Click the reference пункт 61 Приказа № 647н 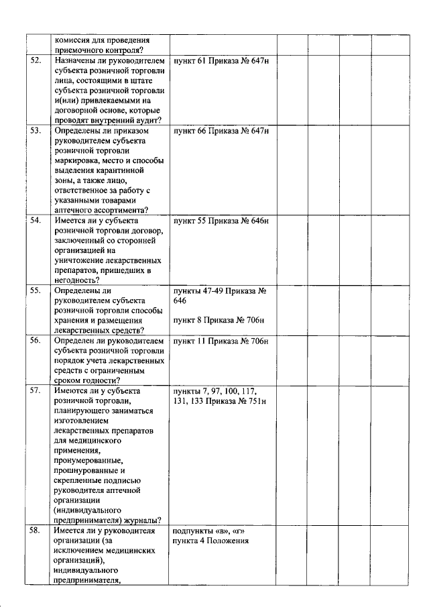pos(221,60)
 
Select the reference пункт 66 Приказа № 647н pos(221,131)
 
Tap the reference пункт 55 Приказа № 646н pos(221,220)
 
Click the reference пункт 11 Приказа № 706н pos(221,341)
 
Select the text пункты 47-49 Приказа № pos(221,290)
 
